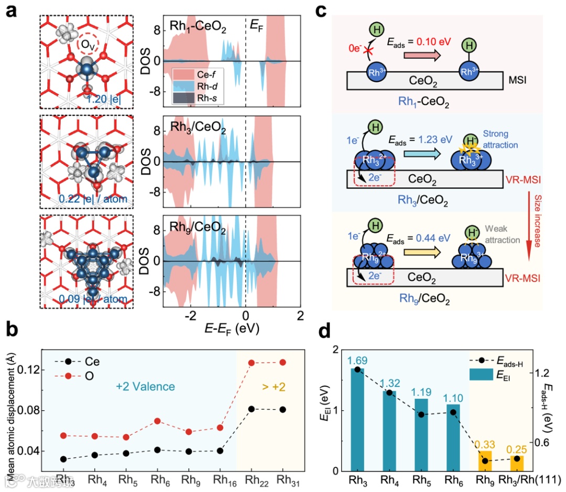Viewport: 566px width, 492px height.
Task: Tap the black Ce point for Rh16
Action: click(220, 451)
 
